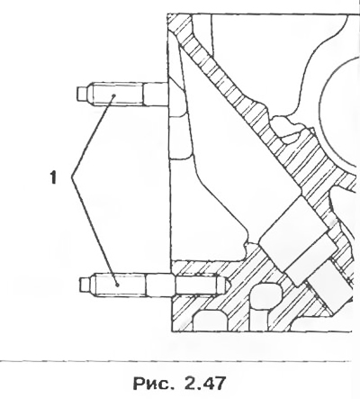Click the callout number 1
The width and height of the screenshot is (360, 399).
53,177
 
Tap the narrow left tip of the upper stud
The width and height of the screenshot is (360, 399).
81,94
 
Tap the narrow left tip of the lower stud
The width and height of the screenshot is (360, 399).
84,285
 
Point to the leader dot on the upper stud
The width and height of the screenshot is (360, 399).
114,95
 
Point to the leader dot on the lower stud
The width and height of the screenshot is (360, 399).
118,285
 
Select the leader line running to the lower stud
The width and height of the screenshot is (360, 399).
94,231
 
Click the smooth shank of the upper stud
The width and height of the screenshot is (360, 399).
156,94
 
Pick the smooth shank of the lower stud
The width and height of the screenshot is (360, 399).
159,286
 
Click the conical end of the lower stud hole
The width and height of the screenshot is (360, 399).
227,284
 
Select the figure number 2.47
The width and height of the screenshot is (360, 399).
205,383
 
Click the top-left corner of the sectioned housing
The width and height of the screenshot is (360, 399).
167,14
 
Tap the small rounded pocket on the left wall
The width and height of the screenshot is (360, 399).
179,137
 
